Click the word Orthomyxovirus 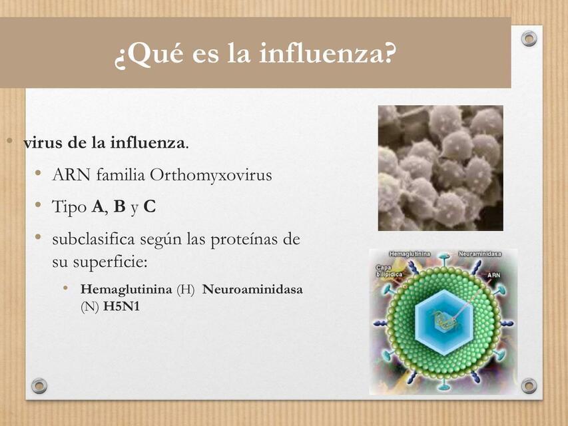[211, 175]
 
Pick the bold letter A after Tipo [98, 207]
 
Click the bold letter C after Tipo [149, 207]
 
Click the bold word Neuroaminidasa [252, 290]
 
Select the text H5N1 [121, 307]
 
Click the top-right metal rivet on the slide [529, 39]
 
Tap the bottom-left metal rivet [39, 385]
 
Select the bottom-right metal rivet [529, 385]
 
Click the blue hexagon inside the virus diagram [442, 318]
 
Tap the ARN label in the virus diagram [493, 274]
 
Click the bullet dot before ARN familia [39, 174]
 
